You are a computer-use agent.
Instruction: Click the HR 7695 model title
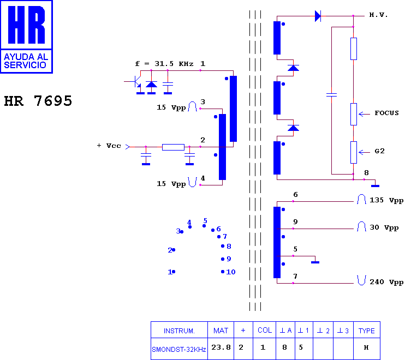(38, 101)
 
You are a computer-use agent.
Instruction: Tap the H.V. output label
(378, 15)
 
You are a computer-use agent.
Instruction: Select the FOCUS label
(386, 113)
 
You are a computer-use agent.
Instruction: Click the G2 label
(379, 151)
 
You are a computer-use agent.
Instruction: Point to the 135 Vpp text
(386, 200)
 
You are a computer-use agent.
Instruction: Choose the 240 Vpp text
(386, 282)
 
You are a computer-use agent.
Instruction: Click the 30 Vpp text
(384, 227)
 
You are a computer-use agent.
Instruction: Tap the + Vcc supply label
(109, 146)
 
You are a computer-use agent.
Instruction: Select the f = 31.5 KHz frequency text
(164, 64)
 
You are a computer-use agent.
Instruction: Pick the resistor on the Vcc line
(173, 147)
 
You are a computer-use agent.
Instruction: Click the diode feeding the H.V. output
(318, 16)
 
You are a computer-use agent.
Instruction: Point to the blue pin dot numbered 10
(223, 272)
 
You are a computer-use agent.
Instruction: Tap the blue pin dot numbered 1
(174, 272)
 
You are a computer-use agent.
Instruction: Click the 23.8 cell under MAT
(221, 347)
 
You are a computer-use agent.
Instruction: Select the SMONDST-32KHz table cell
(178, 350)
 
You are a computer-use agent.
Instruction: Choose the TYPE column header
(366, 331)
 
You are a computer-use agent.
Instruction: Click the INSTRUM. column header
(179, 331)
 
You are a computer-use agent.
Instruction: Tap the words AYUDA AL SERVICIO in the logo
(26, 61)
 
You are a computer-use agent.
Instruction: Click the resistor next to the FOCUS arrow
(354, 115)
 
